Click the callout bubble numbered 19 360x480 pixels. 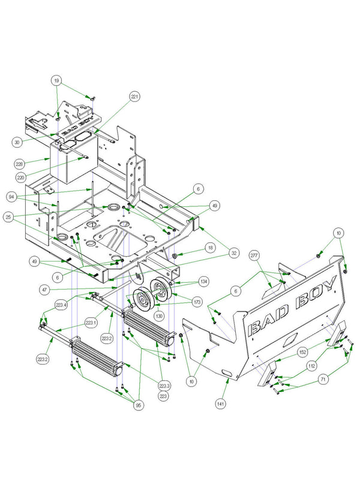pos(56,80)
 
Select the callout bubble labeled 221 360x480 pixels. pos(134,96)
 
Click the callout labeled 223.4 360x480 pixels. pos(61,305)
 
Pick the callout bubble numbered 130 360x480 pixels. pos(158,315)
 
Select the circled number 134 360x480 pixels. pos(204,280)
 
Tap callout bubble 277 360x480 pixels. pos(254,256)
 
